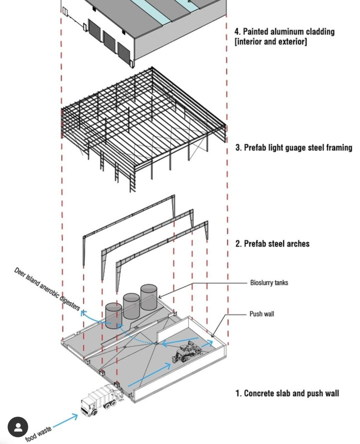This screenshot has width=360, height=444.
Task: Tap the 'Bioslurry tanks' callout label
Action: coord(269,283)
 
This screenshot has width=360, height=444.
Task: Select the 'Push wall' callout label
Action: coord(262,314)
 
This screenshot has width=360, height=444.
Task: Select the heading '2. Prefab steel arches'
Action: coord(272,243)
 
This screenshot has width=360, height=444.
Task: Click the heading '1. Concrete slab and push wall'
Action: coord(287,393)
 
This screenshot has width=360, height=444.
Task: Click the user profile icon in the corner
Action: coord(18,427)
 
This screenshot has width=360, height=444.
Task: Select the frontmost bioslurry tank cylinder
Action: coord(114,316)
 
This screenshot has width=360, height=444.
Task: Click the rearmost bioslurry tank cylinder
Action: coord(149,297)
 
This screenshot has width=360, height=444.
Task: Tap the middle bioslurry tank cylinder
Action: coord(131,306)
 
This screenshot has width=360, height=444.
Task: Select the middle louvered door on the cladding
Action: coord(109,40)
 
